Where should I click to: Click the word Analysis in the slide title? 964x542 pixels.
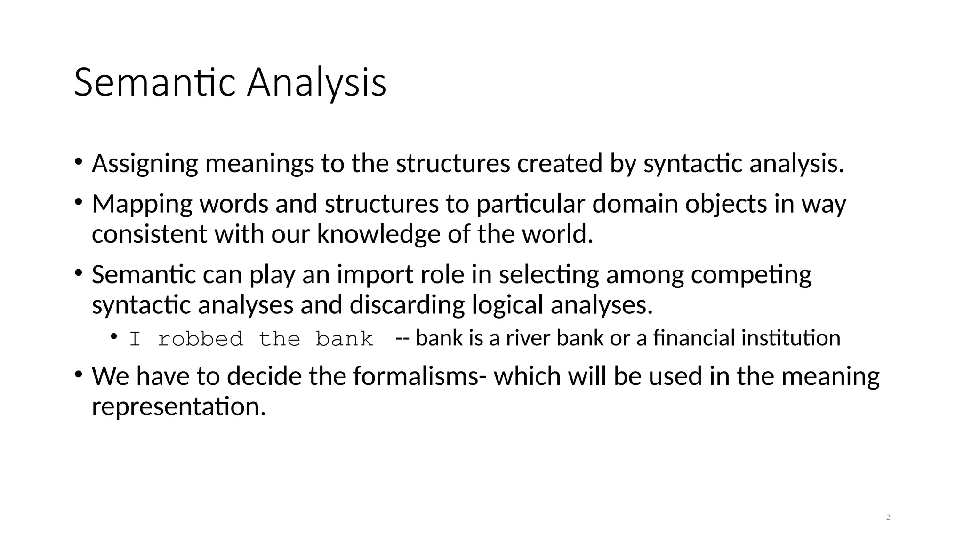(x=317, y=83)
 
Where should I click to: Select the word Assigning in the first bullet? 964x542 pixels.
(x=145, y=164)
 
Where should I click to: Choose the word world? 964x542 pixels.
(x=557, y=234)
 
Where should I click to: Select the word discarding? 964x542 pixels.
(x=407, y=305)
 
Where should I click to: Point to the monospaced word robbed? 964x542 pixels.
(x=201, y=339)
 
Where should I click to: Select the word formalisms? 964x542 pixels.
(x=416, y=376)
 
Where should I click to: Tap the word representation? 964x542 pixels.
(x=179, y=406)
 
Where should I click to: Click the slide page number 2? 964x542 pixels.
(x=888, y=518)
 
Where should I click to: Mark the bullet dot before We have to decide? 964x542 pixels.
(x=79, y=375)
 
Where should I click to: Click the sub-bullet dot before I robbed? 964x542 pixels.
(x=114, y=336)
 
